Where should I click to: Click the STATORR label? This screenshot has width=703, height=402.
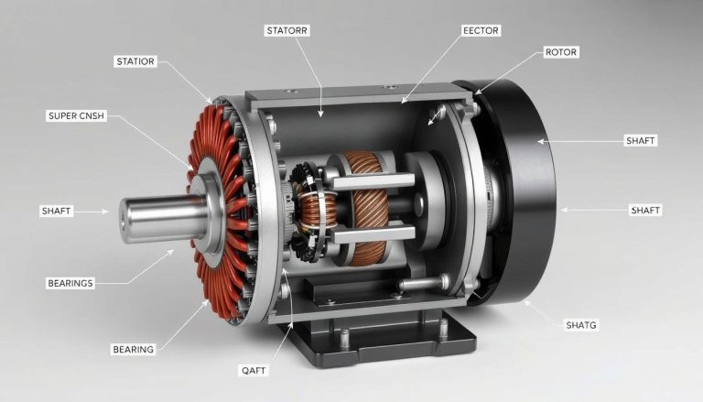pyautogui.click(x=287, y=30)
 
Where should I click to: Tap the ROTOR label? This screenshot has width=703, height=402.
pyautogui.click(x=561, y=52)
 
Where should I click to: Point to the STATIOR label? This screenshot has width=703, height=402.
pyautogui.click(x=135, y=61)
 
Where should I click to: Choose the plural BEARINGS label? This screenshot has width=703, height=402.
pyautogui.click(x=70, y=283)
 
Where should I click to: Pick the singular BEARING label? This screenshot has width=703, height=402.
pyautogui.click(x=133, y=349)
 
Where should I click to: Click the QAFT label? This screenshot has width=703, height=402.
pyautogui.click(x=253, y=370)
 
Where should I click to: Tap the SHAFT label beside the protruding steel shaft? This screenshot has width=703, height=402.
pyautogui.click(x=56, y=211)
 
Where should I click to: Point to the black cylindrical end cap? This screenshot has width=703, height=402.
pyautogui.click(x=522, y=192)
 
